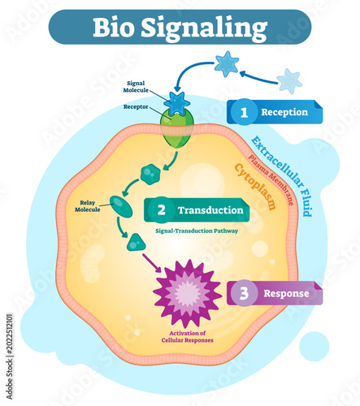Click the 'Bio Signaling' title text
coord(180,28)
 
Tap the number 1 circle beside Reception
coord(244,112)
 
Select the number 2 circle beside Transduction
coord(162,210)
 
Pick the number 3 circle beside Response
coord(244,293)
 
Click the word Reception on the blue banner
coord(284,112)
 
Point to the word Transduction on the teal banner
coord(210,210)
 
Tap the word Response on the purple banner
coord(286,293)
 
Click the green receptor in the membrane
coord(177,130)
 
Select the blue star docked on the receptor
coord(177,103)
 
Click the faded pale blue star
coord(289,81)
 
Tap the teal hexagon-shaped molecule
coord(150,174)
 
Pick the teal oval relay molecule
coord(121,206)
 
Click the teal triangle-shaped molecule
coord(136,243)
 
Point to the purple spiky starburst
coord(187,294)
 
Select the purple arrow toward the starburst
coord(152,262)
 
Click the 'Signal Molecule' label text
coord(136,87)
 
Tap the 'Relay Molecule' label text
coord(88,206)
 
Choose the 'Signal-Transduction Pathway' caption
coord(197,231)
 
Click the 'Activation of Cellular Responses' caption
coord(188,337)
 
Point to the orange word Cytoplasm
coord(255,186)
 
